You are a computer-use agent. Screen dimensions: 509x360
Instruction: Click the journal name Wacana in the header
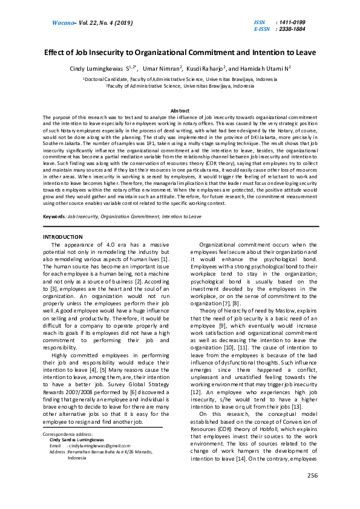57,22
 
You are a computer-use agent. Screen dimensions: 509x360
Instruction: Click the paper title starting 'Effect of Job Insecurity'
180,52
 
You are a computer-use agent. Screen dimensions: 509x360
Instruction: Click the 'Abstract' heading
180,111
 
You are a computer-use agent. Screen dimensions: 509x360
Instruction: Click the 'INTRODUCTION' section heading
63,236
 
